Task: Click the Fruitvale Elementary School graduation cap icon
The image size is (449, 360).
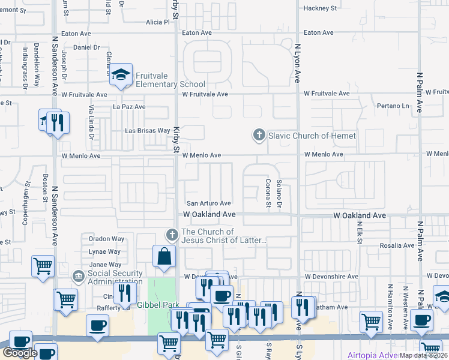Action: [x=122, y=75]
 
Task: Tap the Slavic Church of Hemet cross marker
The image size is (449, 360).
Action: [x=259, y=135]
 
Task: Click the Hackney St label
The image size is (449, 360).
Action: [x=321, y=8]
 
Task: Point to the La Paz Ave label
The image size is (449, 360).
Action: [x=130, y=107]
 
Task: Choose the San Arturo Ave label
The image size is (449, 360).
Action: [x=209, y=203]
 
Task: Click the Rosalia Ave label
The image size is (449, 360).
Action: [x=397, y=245]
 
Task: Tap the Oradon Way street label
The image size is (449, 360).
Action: [x=106, y=238]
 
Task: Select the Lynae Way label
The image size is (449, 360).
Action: [x=106, y=252]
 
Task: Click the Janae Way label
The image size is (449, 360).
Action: [x=106, y=265]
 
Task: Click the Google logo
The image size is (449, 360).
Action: [x=20, y=353]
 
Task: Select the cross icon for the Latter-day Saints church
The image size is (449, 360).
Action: [x=172, y=235]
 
